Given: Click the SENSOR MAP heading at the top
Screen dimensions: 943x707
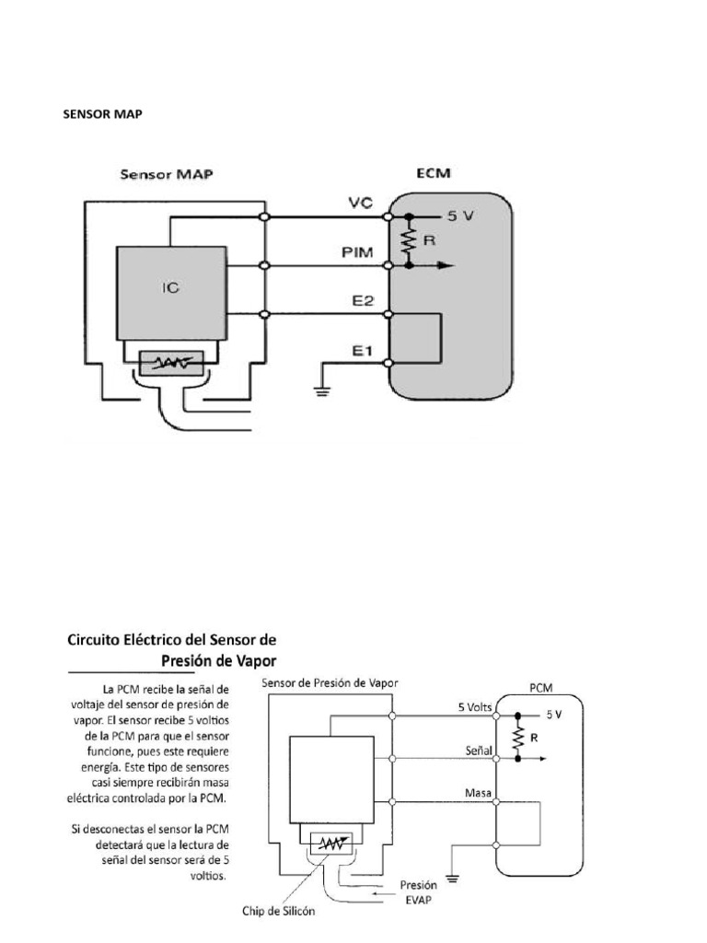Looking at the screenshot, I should pos(102,114).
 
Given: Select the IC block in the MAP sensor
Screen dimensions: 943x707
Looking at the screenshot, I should pos(170,287).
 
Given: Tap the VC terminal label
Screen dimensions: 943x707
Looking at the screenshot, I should pos(360,202).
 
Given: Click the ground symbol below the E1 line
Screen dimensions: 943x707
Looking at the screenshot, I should pos(320,388).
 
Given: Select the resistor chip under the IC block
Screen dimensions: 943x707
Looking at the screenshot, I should pos(172,364).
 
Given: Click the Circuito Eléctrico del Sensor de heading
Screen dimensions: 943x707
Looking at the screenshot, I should pos(172,639).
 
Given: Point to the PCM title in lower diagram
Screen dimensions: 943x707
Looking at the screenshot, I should pos(541,687).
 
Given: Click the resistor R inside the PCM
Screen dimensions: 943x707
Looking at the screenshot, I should pos(520,737).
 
